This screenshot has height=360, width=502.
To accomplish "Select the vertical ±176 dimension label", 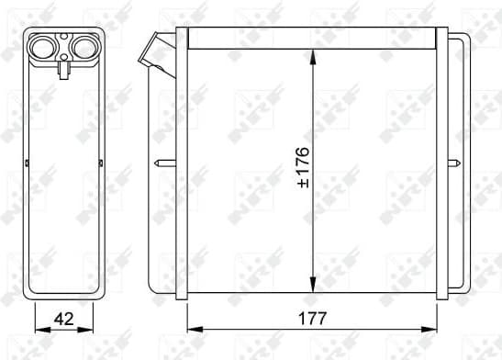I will tap(302, 165).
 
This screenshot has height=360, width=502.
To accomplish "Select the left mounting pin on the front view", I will tap(163, 165).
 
